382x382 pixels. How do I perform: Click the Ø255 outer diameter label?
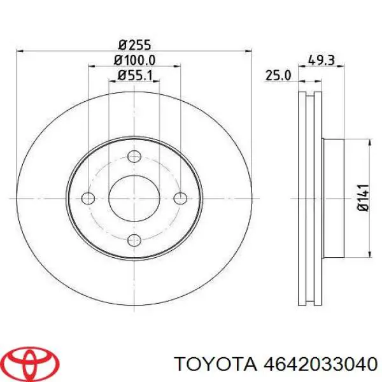click(135, 45)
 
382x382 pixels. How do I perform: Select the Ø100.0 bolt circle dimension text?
click(134, 60)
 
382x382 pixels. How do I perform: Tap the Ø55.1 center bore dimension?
click(135, 75)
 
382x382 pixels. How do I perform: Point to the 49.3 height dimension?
click(322, 60)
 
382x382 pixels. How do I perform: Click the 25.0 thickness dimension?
click(278, 75)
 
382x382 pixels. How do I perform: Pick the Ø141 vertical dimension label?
click(364, 198)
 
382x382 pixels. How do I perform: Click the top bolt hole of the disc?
click(134, 156)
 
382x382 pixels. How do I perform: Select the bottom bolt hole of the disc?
click(134, 240)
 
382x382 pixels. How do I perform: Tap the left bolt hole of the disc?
click(88, 198)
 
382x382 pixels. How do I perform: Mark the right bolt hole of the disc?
click(180, 198)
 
